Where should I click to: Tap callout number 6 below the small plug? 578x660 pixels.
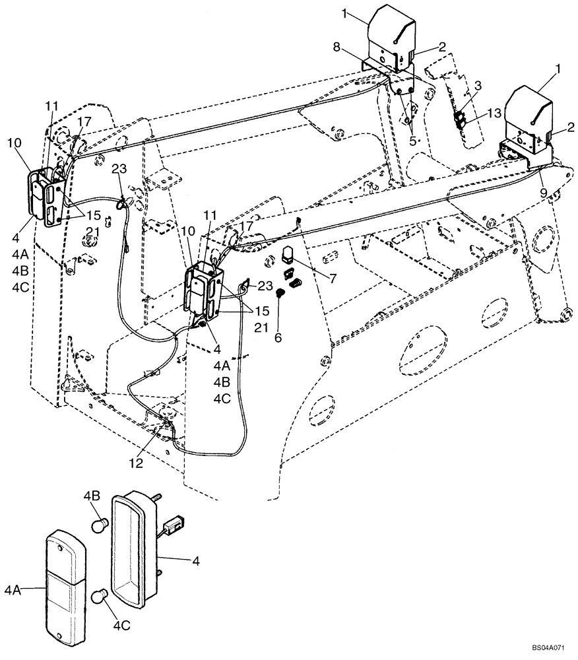[x=278, y=337]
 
